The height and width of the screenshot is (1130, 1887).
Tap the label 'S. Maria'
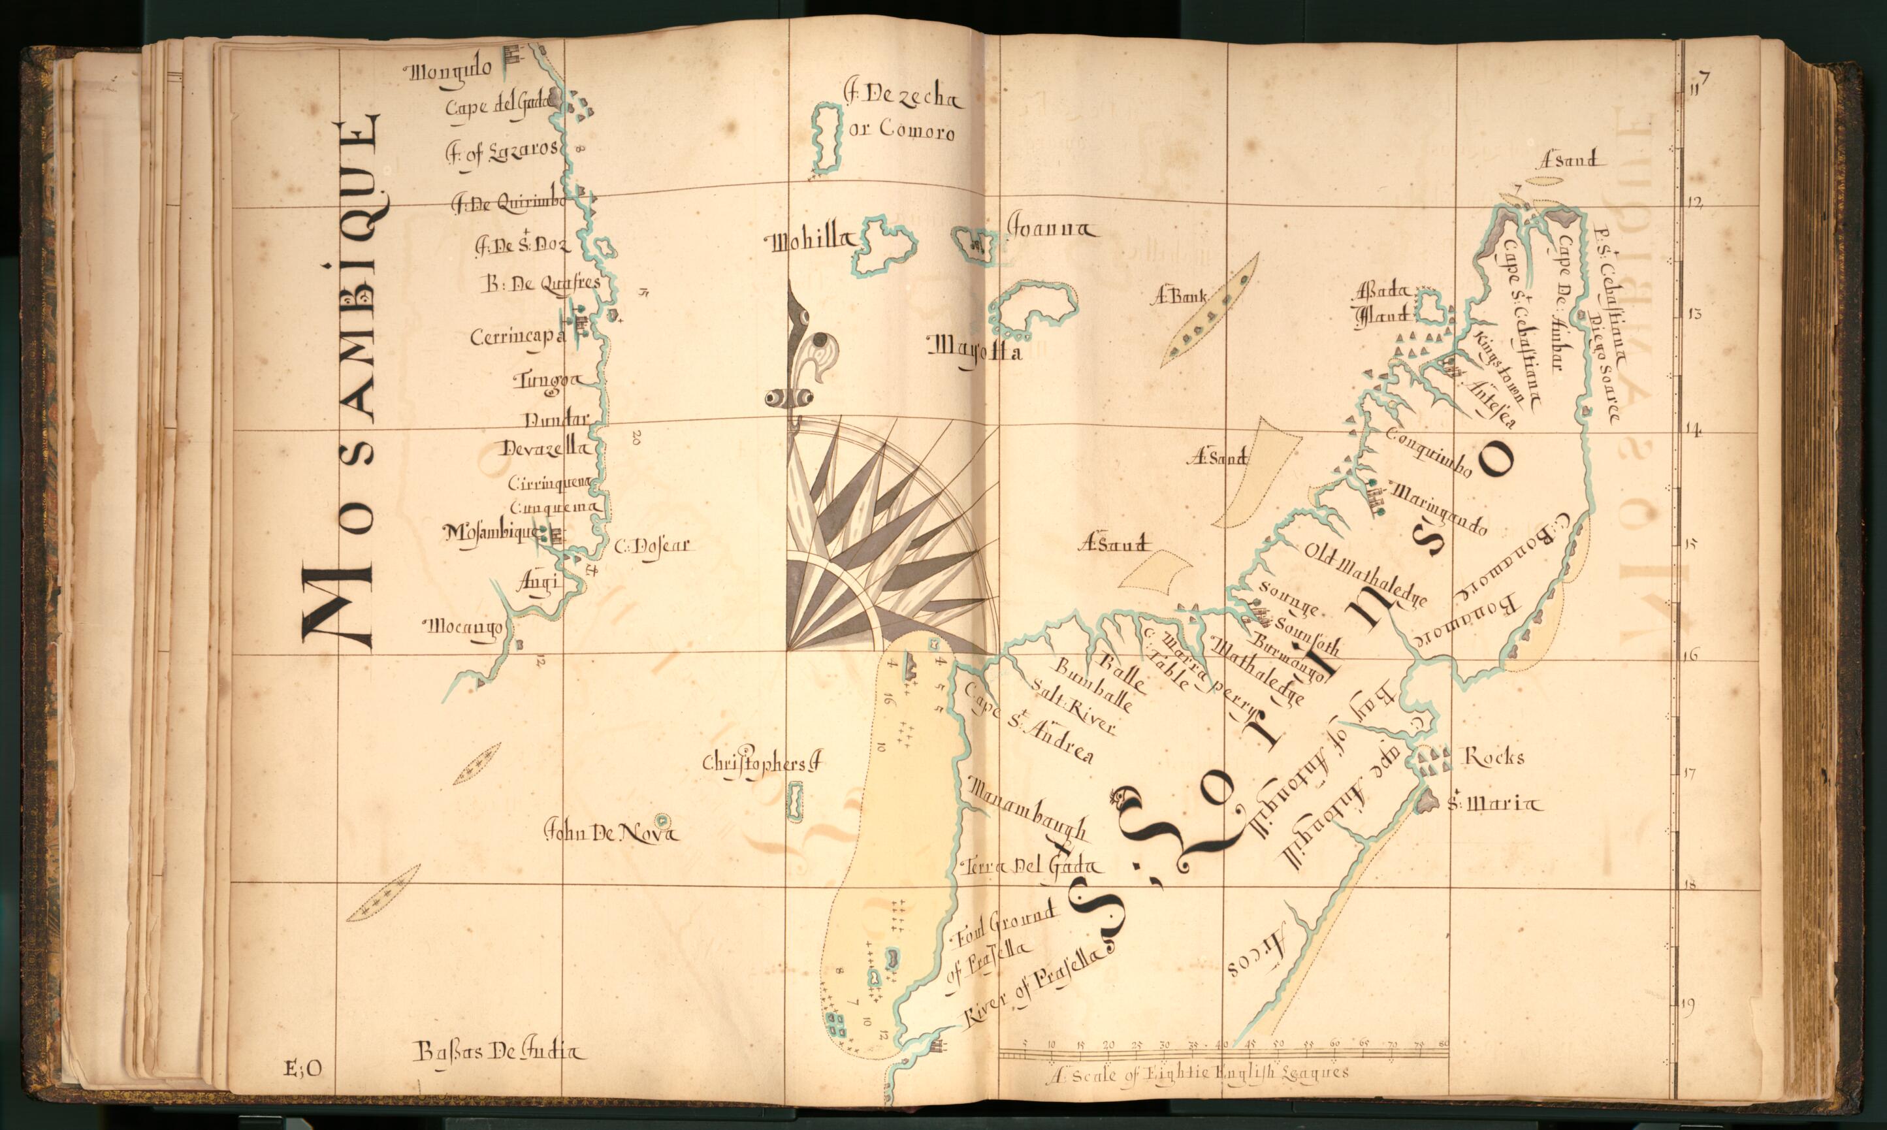click(1493, 803)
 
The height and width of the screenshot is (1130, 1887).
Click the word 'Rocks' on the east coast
click(1495, 757)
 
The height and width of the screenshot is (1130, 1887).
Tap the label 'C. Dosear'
click(652, 545)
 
